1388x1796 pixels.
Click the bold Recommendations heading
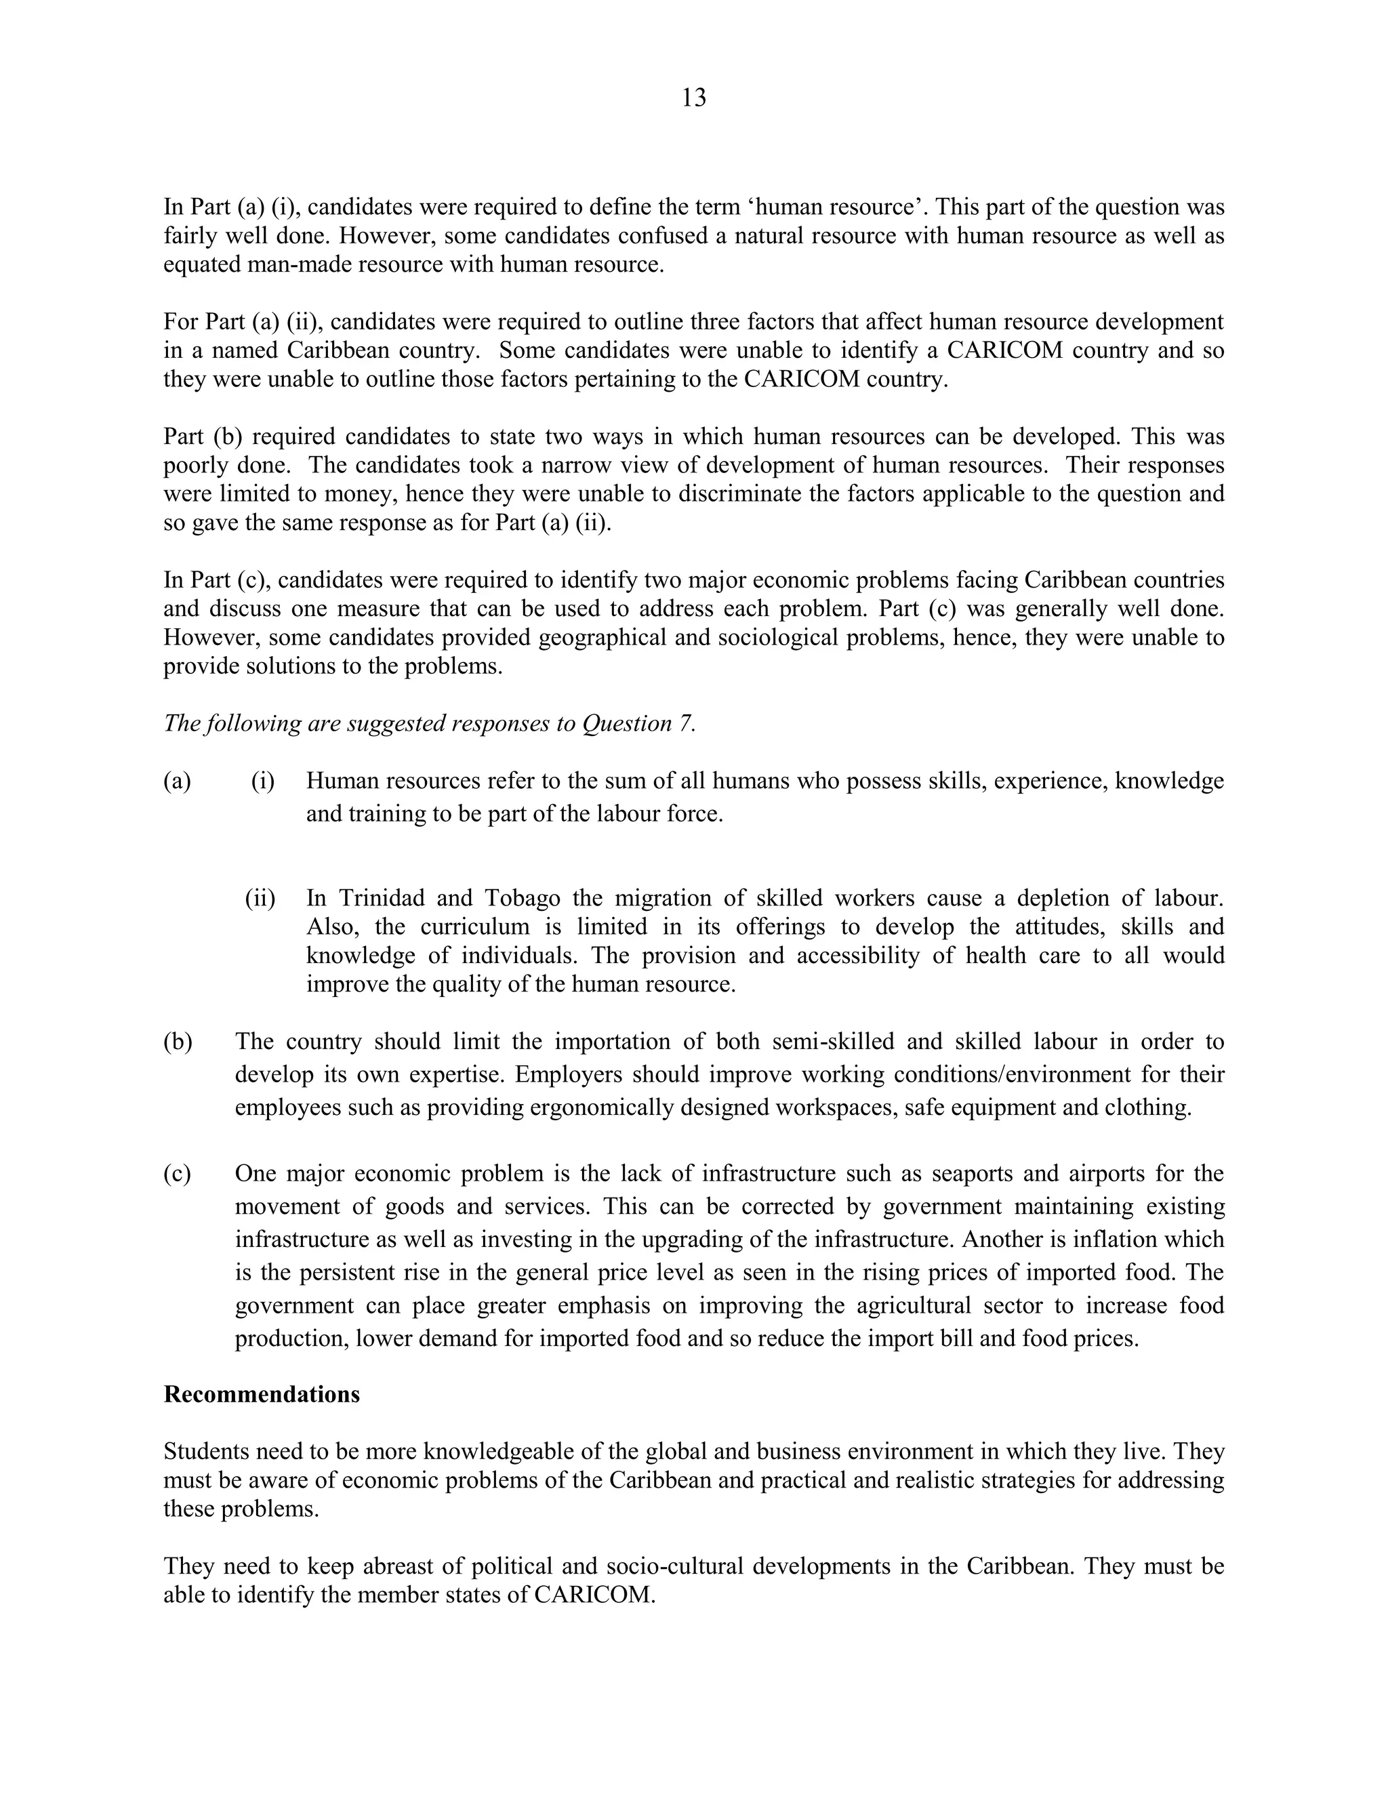262,1395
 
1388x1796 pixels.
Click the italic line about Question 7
429,724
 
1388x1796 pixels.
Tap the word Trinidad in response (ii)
382,898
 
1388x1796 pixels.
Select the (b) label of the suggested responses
178,1042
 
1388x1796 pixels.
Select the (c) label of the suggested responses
178,1173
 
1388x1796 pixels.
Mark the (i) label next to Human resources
262,781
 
